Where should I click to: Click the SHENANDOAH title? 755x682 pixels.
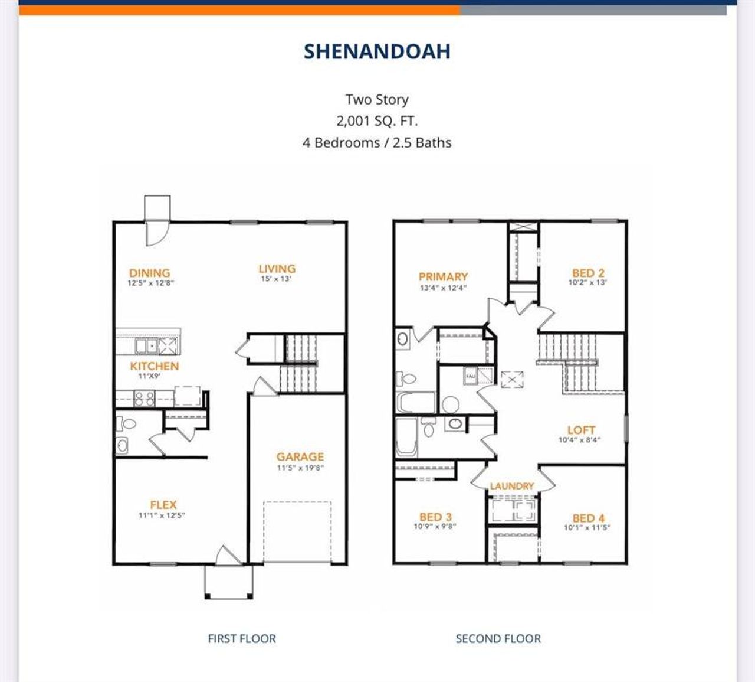pyautogui.click(x=377, y=51)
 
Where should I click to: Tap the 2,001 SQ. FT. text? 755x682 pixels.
pyautogui.click(x=377, y=121)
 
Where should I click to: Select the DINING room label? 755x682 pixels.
pyautogui.click(x=149, y=273)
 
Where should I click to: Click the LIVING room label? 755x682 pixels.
pyautogui.click(x=277, y=269)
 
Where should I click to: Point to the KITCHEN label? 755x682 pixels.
pyautogui.click(x=154, y=366)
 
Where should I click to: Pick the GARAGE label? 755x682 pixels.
pyautogui.click(x=300, y=456)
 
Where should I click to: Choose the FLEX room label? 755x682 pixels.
pyautogui.click(x=163, y=505)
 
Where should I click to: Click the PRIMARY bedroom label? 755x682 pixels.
pyautogui.click(x=443, y=276)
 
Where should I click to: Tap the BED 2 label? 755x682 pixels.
pyautogui.click(x=588, y=273)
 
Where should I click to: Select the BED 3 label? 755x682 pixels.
pyautogui.click(x=435, y=517)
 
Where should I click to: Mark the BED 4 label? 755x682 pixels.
pyautogui.click(x=588, y=518)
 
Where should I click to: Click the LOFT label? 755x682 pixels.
pyautogui.click(x=581, y=430)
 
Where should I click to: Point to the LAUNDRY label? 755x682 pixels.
pyautogui.click(x=512, y=486)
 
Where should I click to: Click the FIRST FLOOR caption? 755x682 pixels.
pyautogui.click(x=242, y=638)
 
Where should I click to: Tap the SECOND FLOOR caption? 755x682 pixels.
pyautogui.click(x=498, y=638)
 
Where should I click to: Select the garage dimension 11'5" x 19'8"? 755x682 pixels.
pyautogui.click(x=300, y=468)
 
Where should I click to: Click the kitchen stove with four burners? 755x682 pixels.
pyautogui.click(x=145, y=399)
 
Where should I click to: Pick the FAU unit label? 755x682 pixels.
pyautogui.click(x=470, y=376)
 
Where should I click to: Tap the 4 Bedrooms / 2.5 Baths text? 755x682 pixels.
pyautogui.click(x=377, y=143)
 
